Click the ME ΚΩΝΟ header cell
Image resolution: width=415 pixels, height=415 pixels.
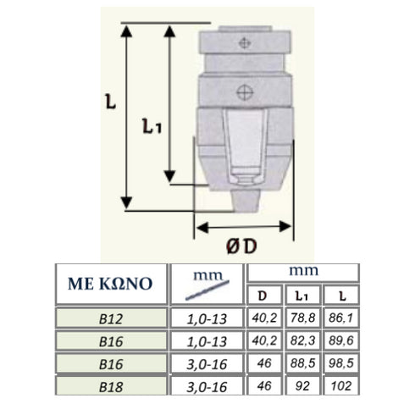[x=109, y=283]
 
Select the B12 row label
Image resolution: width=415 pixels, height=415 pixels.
[x=109, y=318]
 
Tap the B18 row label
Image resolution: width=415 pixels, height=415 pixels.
[x=109, y=385]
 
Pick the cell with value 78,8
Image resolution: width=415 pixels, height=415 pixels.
[x=302, y=318]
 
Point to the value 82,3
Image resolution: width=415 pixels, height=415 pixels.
[x=302, y=340]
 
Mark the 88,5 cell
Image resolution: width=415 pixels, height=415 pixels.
[x=302, y=363]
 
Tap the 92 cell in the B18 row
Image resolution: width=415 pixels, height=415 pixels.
[x=302, y=385]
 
